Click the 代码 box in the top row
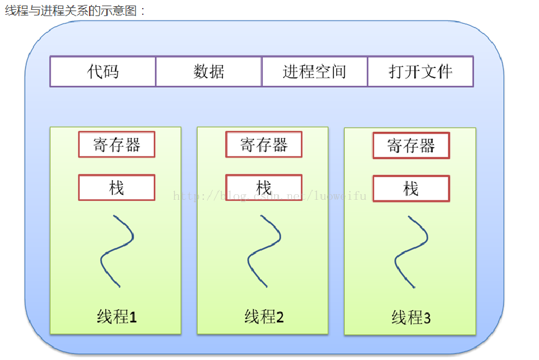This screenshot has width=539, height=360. pos(103,72)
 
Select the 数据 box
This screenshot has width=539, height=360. pos(209,72)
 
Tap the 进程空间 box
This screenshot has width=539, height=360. pos(315,72)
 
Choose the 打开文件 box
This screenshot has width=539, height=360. pos(420,72)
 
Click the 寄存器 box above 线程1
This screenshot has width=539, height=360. pos(117,145)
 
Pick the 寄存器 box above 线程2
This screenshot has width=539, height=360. pos(264,145)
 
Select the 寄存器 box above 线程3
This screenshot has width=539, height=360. pos(411,146)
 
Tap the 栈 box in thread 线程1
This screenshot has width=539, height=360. pos(117,187)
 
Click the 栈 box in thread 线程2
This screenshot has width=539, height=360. pos(264,187)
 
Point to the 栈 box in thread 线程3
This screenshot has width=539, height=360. pos(411,189)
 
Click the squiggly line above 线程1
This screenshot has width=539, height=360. pos(117,251)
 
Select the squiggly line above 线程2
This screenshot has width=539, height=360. pos(264,251)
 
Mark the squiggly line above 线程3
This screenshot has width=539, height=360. pos(411,251)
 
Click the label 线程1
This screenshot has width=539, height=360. pos(117,317)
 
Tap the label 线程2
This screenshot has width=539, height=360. pos(264,317)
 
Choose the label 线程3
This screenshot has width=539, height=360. pos(411,319)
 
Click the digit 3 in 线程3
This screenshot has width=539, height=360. pos(427,319)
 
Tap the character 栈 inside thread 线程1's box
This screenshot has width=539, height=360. pos(117,187)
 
